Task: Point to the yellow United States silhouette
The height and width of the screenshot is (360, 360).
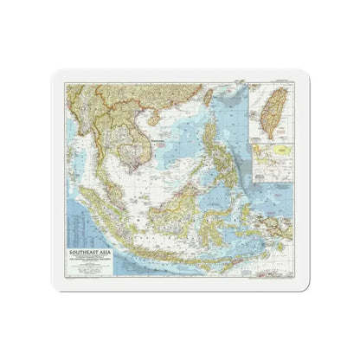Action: click(x=277, y=150)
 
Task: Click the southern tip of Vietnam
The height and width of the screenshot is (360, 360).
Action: click(x=132, y=165)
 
